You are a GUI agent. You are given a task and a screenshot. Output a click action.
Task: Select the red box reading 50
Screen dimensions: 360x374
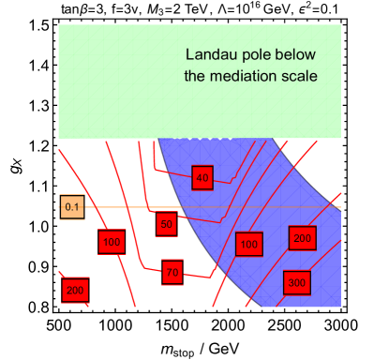[166, 224]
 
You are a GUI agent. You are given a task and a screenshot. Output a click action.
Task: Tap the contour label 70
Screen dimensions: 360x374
[172, 273]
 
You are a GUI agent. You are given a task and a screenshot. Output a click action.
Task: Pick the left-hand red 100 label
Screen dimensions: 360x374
[112, 242]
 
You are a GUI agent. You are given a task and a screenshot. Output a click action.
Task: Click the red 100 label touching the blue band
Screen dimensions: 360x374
[248, 245]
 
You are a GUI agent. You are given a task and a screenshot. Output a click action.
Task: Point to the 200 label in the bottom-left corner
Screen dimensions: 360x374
[75, 291]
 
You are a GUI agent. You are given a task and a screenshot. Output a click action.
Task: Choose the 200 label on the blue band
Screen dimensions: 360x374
[301, 239]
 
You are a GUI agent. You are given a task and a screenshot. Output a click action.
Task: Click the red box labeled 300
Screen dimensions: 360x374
[296, 282]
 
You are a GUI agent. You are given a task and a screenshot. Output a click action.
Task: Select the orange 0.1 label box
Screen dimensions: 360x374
[72, 207]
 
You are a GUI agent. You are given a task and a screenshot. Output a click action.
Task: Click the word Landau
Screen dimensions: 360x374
[207, 54]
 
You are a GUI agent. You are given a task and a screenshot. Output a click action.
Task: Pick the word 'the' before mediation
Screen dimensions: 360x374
[194, 75]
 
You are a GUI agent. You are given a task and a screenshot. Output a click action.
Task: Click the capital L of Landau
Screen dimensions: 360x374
[189, 54]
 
